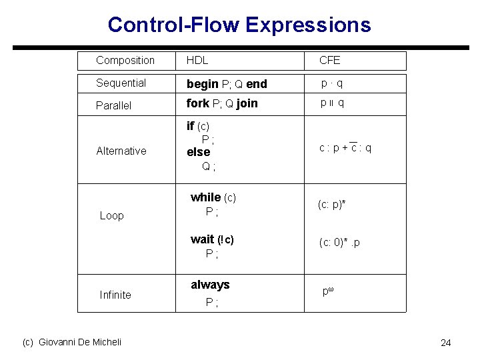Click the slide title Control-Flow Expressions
pos(239,25)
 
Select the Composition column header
pos(125,60)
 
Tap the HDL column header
pos(197,60)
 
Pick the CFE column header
pos(329,60)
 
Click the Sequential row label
pos(121,83)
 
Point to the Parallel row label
pos(114,105)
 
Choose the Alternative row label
pos(121,151)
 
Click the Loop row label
pos(111,215)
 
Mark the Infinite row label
pos(115,295)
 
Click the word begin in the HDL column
pos(202,84)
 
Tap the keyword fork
pos(197,103)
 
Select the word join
pos(247,103)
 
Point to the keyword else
pos(198,152)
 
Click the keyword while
pos(205,197)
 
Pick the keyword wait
pos(202,239)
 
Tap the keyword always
pos(209,285)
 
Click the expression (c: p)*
pos(331,203)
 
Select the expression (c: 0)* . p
pos(339,243)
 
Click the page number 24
pos(445,343)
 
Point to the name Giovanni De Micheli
pos(80,342)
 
